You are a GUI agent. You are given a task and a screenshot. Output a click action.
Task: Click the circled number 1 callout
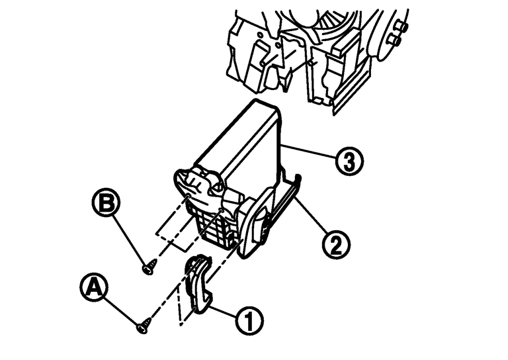click(249, 320)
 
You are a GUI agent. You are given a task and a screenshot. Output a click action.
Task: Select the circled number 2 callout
click(336, 245)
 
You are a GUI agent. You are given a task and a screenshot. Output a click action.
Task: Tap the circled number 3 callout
click(349, 161)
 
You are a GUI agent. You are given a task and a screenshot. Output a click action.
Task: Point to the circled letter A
click(94, 287)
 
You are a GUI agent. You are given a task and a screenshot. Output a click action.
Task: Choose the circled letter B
click(106, 203)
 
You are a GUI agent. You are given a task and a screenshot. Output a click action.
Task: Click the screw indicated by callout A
click(144, 326)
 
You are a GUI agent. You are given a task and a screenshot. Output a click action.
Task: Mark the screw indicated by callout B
click(149, 266)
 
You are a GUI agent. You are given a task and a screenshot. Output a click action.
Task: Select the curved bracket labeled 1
click(199, 285)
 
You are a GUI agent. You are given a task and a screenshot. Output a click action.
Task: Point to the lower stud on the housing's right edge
click(394, 40)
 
